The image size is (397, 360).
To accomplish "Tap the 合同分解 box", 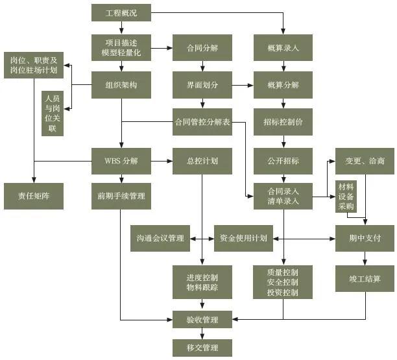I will pyautogui.click(x=202, y=47).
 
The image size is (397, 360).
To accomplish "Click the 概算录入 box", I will pyautogui.click(x=283, y=47).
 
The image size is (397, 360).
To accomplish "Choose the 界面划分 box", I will pyautogui.click(x=202, y=84).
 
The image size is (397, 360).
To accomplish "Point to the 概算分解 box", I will pyautogui.click(x=283, y=84).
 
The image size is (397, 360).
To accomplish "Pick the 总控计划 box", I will pyautogui.click(x=202, y=160).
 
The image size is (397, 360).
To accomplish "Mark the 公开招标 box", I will pyautogui.click(x=283, y=160).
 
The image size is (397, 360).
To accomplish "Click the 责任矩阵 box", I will pyautogui.click(x=34, y=196).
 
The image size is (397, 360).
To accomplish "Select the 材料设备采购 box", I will pyautogui.click(x=345, y=196).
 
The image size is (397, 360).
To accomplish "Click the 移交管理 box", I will pyautogui.click(x=202, y=348).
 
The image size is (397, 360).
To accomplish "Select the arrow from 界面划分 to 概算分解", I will pyautogui.click(x=243, y=85).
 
